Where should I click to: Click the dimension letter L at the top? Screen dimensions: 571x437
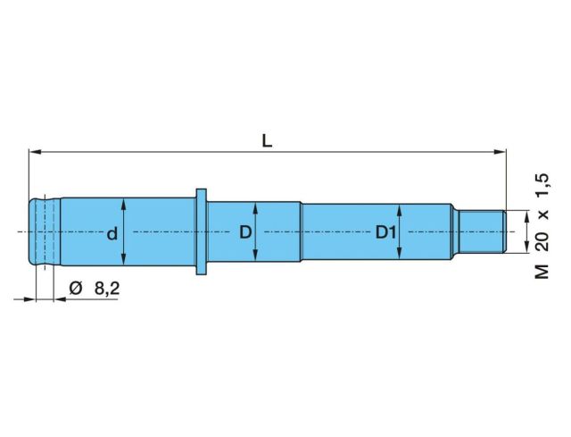(x=267, y=141)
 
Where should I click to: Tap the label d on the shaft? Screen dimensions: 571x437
(x=112, y=233)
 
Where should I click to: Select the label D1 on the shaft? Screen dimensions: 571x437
(x=385, y=232)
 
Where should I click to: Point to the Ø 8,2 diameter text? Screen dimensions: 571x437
(x=95, y=289)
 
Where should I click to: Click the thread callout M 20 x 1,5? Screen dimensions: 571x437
(x=542, y=226)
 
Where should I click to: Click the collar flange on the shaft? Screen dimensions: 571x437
(x=202, y=231)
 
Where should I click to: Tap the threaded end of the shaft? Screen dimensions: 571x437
(x=482, y=231)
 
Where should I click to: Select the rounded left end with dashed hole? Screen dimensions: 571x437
(x=45, y=231)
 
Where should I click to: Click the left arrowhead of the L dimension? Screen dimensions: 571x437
(x=34, y=152)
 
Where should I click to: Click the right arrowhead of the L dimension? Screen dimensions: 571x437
(x=501, y=152)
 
